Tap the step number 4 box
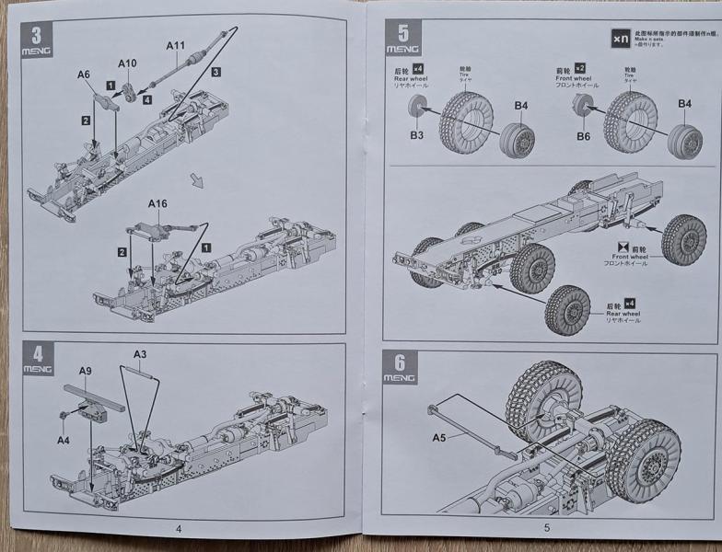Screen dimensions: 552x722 click(37, 354)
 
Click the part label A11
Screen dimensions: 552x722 click(176, 45)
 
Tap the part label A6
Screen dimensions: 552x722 click(84, 75)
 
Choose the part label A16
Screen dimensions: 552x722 click(158, 203)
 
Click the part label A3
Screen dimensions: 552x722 click(140, 354)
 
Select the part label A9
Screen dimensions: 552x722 click(86, 371)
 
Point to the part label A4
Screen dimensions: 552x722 click(63, 440)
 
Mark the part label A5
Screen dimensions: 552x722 click(437, 437)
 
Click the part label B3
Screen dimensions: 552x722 click(416, 135)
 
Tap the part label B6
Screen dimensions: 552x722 click(583, 135)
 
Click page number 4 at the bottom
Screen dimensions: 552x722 click(178, 527)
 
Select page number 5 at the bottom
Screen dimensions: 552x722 click(546, 527)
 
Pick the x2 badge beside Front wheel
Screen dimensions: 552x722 click(580, 68)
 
